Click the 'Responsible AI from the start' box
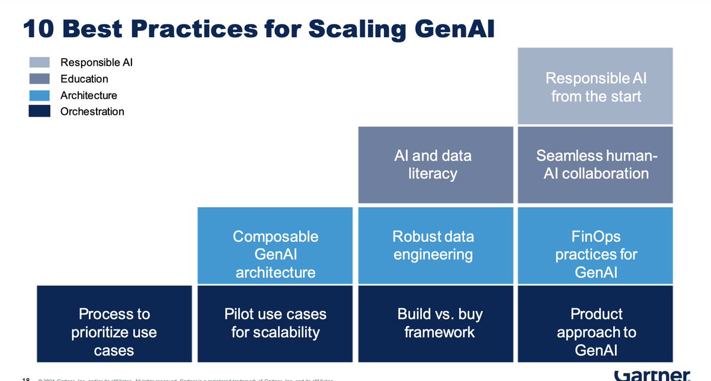595,87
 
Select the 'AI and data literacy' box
433,165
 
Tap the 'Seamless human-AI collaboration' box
595,165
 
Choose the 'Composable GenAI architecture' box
275,245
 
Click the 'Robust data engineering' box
433,245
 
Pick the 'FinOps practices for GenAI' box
595,245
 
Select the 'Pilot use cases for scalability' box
275,324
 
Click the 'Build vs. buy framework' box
433,324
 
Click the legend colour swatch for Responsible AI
39,62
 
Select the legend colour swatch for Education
39,79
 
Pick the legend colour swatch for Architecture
39,95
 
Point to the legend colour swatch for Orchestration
39,111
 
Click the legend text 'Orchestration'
92,111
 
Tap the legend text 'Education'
84,79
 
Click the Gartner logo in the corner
652,375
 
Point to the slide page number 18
25,379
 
